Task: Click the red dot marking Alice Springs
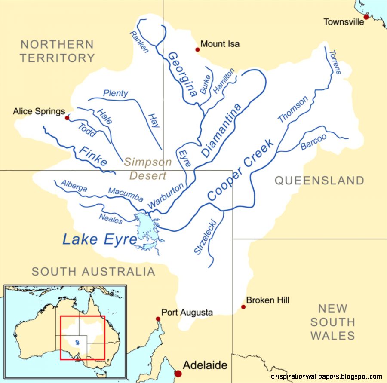(x=67, y=117)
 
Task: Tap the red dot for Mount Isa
(x=198, y=49)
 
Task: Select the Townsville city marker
(x=366, y=17)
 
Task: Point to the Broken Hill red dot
(x=243, y=307)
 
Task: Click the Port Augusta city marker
(x=158, y=319)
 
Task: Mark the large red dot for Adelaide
(x=178, y=373)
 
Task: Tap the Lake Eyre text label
(x=99, y=239)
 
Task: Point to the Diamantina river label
(x=221, y=130)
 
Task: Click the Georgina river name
(x=182, y=74)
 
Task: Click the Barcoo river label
(x=313, y=142)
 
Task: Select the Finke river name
(x=92, y=156)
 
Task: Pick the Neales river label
(x=111, y=218)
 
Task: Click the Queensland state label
(x=319, y=181)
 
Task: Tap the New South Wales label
(x=332, y=322)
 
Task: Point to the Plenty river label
(x=115, y=93)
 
